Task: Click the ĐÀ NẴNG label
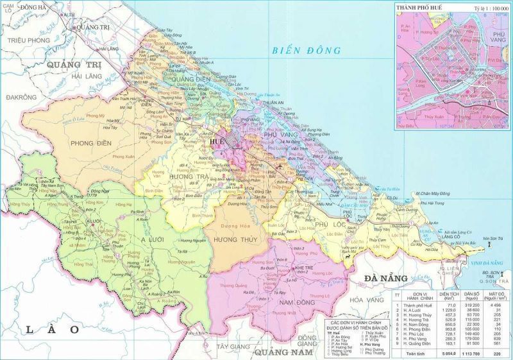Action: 386,278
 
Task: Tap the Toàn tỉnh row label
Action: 415,354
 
